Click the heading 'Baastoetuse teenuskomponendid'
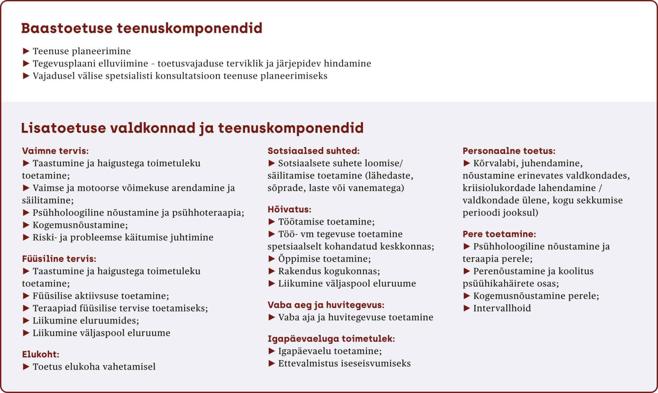141,29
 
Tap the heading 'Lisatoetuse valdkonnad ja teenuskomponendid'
192,128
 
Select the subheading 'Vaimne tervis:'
55,151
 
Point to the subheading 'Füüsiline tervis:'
59,259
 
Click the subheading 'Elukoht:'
40,355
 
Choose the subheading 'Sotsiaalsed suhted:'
314,151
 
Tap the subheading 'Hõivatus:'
289,209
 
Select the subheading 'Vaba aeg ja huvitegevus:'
326,305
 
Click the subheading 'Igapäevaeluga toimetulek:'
331,339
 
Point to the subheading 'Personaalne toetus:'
509,151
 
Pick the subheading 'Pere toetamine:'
499,234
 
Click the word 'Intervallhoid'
502,308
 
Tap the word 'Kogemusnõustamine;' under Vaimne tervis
80,225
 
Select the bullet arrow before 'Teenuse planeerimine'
26,51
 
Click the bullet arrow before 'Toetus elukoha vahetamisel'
26,367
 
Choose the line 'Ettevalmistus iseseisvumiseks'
344,364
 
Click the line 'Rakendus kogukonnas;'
329,271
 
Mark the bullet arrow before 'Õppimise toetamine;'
271,259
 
